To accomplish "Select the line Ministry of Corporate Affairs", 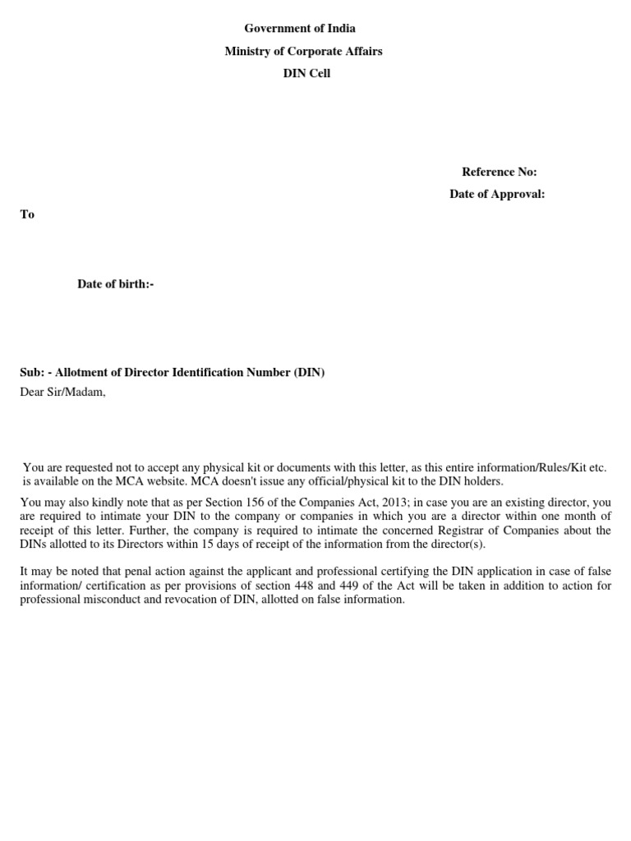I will [304, 52].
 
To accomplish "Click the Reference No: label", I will [499, 172].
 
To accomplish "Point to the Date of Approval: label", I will [497, 194].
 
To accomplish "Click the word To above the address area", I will [27, 214].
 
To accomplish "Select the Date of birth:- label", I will [116, 284].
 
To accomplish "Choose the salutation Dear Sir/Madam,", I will [63, 392].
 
